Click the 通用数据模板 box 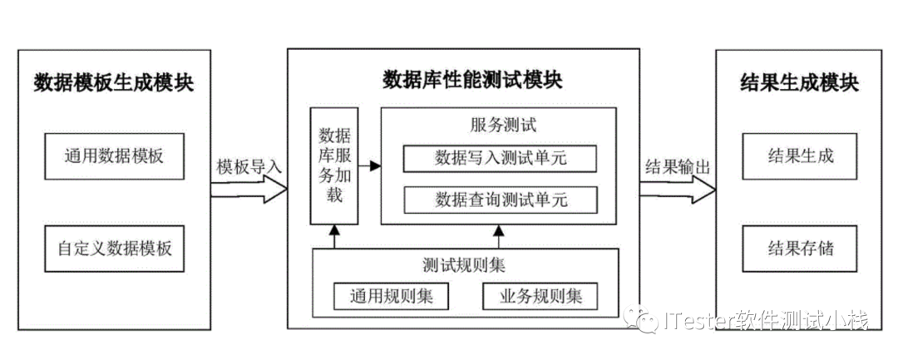[114, 156]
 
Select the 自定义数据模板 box [114, 249]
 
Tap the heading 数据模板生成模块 [114, 83]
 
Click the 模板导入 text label [249, 165]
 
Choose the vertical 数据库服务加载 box [333, 165]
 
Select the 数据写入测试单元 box [501, 158]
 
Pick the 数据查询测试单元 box [501, 200]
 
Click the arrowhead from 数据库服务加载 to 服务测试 [375, 166]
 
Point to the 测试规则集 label [465, 266]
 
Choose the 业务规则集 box [540, 296]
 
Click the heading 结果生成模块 [799, 83]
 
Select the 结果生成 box [800, 155]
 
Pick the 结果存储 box [800, 248]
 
